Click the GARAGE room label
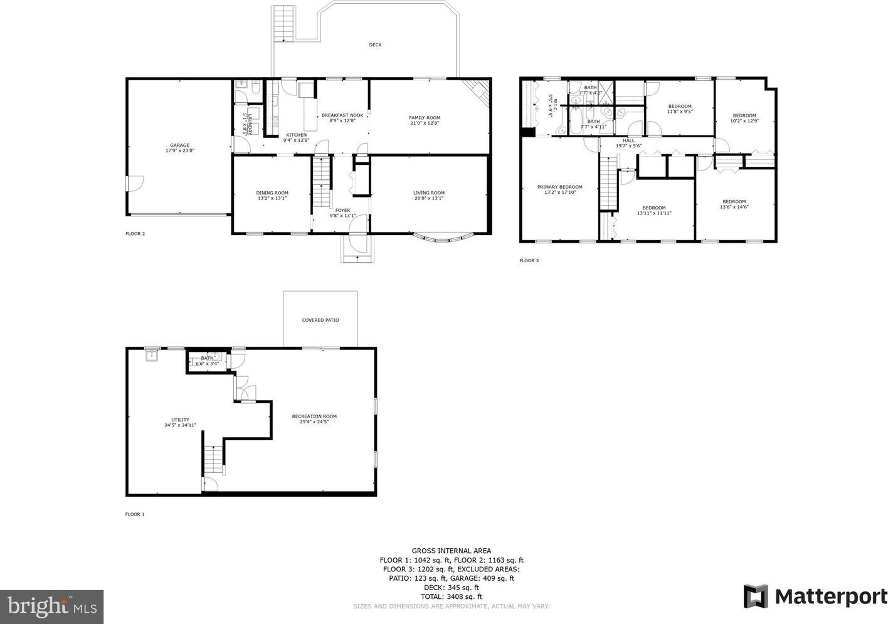pyautogui.click(x=179, y=145)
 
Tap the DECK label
pyautogui.click(x=375, y=45)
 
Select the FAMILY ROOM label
pyautogui.click(x=425, y=118)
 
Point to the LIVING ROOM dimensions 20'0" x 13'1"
pyautogui.click(x=429, y=198)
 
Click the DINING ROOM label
pyautogui.click(x=272, y=193)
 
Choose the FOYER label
pyautogui.click(x=342, y=211)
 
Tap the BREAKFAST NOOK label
pyautogui.click(x=342, y=115)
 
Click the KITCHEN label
pyautogui.click(x=296, y=135)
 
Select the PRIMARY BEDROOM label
pyautogui.click(x=560, y=187)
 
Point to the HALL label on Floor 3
pyautogui.click(x=628, y=140)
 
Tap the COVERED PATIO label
pyautogui.click(x=320, y=320)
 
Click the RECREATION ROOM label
pyautogui.click(x=314, y=416)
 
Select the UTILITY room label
pyautogui.click(x=181, y=420)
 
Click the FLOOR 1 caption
pyautogui.click(x=135, y=514)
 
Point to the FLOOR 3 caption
pyautogui.click(x=529, y=260)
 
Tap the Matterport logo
pyautogui.click(x=815, y=596)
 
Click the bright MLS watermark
pyautogui.click(x=52, y=606)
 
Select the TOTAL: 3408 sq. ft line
pyautogui.click(x=451, y=596)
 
